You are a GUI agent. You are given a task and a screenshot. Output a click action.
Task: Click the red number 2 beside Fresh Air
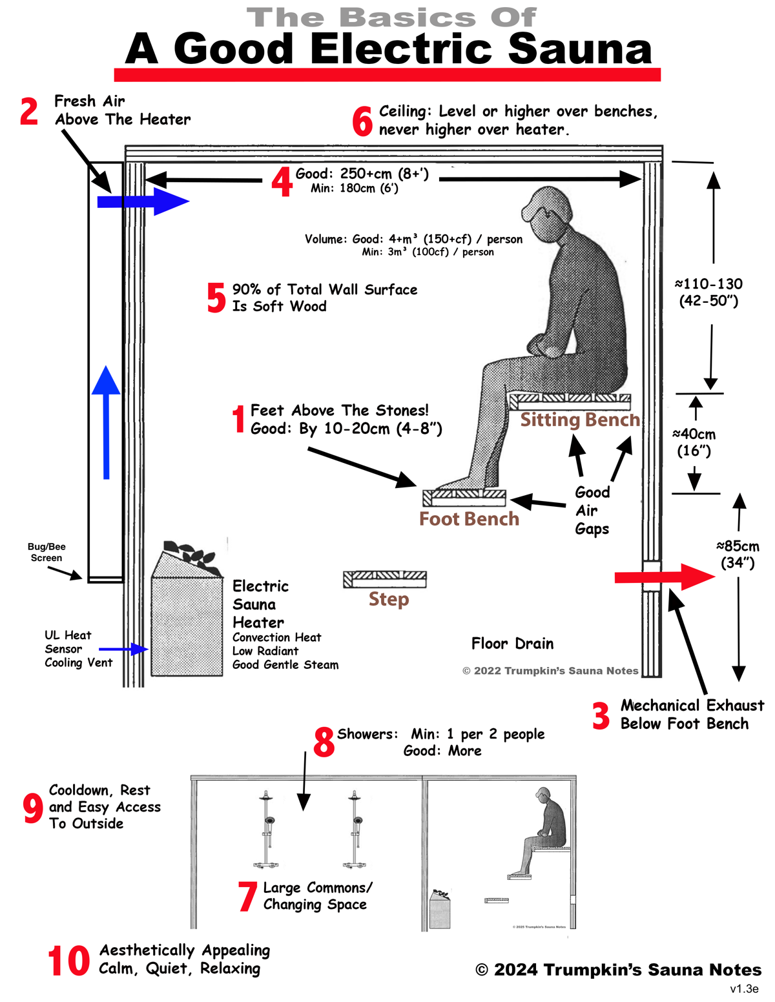[x=29, y=111]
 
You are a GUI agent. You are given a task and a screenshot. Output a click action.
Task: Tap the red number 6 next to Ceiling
[x=362, y=121]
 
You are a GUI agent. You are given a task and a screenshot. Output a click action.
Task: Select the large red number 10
[x=68, y=961]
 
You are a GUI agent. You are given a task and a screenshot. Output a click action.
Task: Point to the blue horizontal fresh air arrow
[x=143, y=201]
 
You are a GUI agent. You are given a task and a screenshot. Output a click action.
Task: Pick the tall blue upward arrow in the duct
[x=106, y=423]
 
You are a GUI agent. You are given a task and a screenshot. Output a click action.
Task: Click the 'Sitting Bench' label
[x=580, y=420]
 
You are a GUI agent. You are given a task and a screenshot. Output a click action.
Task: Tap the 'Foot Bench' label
[x=469, y=519]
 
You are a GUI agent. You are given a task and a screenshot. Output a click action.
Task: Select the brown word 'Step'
[x=389, y=599]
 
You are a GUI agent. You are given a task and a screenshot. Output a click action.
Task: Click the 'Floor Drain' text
[x=512, y=644]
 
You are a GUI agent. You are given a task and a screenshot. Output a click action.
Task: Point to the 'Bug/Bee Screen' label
[x=46, y=553]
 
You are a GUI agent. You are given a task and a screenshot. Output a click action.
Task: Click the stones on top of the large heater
[x=191, y=557]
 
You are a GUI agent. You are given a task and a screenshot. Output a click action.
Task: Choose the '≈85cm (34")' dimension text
[x=738, y=555]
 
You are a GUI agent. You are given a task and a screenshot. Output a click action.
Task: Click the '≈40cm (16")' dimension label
[x=694, y=442]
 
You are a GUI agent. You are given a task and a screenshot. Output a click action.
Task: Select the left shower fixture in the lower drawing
[x=267, y=830]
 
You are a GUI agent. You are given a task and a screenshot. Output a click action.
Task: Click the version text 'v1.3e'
[x=744, y=989]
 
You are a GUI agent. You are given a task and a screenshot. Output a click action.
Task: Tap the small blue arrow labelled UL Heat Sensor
[x=123, y=649]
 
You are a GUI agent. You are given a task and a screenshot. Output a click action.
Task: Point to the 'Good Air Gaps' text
[x=592, y=511]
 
